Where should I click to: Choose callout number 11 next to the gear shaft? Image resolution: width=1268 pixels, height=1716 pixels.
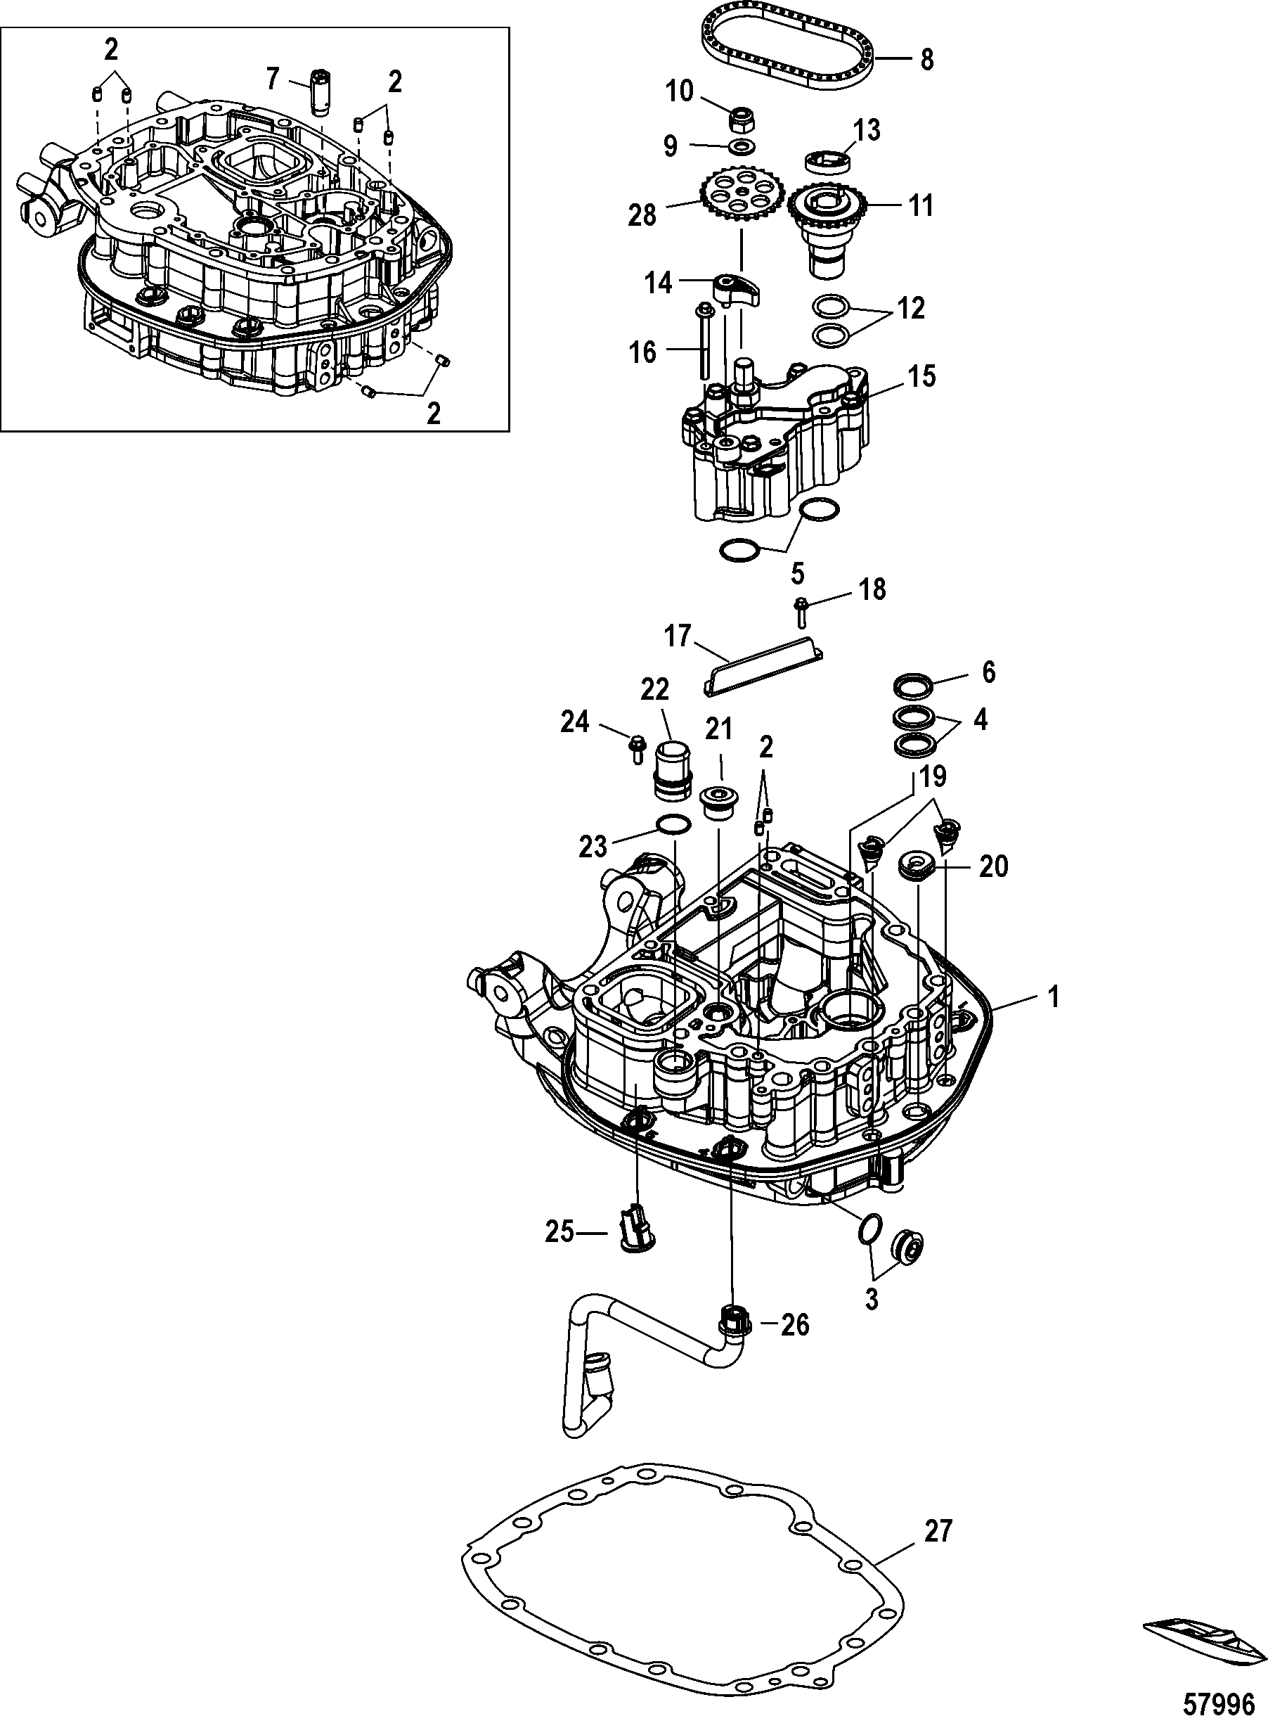(921, 206)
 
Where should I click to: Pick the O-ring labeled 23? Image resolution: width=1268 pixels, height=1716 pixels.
(673, 826)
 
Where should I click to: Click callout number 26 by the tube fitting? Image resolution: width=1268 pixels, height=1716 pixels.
(795, 1324)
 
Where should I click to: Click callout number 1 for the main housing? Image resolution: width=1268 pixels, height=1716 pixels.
(1053, 997)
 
